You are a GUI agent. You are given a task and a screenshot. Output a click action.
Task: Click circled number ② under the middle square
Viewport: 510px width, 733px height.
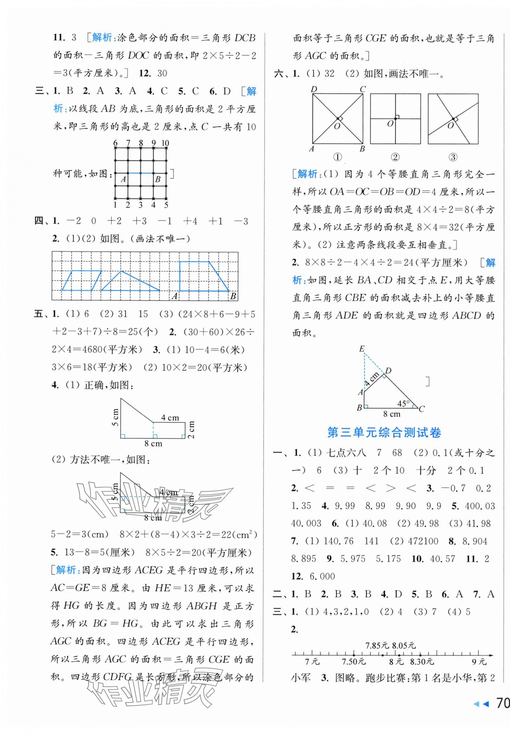tap(395, 157)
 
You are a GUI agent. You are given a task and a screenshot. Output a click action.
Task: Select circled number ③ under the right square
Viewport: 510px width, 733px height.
tap(453, 157)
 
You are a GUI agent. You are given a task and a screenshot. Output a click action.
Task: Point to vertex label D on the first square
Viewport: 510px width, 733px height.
tap(314, 89)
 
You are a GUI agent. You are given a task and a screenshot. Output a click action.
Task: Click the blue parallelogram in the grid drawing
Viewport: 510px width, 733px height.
tap(81, 281)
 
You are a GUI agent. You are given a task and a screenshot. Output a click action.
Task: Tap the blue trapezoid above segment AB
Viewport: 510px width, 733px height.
tap(201, 277)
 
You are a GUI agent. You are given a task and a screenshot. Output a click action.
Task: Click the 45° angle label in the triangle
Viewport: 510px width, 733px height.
tap(403, 404)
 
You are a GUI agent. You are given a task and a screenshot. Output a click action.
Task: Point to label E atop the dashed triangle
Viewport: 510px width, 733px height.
tap(362, 349)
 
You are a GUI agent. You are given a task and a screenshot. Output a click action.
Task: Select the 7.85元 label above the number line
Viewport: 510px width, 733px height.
tap(377, 646)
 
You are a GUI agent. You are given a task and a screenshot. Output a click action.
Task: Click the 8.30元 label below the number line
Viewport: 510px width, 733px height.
tap(422, 662)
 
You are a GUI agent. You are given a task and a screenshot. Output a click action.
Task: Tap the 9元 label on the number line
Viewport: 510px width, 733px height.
tap(479, 662)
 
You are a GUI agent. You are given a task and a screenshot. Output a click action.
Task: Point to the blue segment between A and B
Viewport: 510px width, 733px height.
tap(140, 173)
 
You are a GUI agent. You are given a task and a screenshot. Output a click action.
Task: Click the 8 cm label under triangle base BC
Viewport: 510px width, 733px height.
tap(392, 414)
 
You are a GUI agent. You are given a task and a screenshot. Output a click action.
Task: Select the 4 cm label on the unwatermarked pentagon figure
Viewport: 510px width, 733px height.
tap(170, 418)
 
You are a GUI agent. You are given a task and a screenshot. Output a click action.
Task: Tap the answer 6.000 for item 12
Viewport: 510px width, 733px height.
tap(322, 576)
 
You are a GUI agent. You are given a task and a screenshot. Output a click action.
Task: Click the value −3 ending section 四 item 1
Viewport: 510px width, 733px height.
tap(241, 221)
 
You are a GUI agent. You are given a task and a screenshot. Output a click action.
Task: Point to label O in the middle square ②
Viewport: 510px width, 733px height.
tap(390, 124)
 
